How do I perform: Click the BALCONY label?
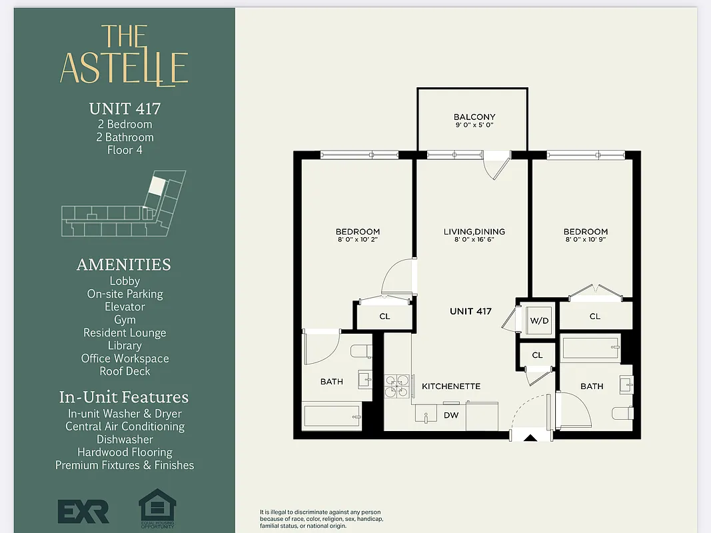click(474, 117)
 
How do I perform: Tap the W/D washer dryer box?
click(539, 320)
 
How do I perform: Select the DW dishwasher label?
click(451, 414)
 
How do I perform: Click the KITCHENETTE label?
click(450, 386)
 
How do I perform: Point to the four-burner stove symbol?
click(397, 386)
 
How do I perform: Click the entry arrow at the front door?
click(530, 438)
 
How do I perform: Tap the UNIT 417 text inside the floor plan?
click(470, 311)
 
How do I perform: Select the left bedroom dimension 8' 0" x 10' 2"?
click(358, 240)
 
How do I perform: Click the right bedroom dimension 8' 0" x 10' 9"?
click(586, 240)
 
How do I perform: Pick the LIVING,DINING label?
click(474, 231)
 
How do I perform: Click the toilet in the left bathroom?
click(360, 351)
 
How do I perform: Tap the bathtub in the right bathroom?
click(591, 348)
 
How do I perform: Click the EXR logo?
click(83, 511)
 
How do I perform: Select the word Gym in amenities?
click(125, 320)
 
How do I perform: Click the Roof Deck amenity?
click(125, 371)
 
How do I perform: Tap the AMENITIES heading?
click(124, 265)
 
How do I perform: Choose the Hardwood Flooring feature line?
click(125, 452)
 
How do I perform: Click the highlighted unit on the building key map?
click(156, 185)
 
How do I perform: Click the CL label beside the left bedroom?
click(384, 316)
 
